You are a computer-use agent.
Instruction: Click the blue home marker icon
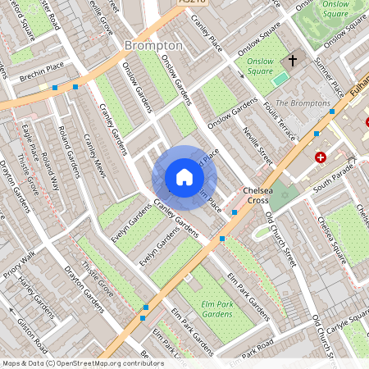184,177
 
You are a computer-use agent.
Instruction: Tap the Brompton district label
153,44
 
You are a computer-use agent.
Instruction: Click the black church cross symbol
293,61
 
